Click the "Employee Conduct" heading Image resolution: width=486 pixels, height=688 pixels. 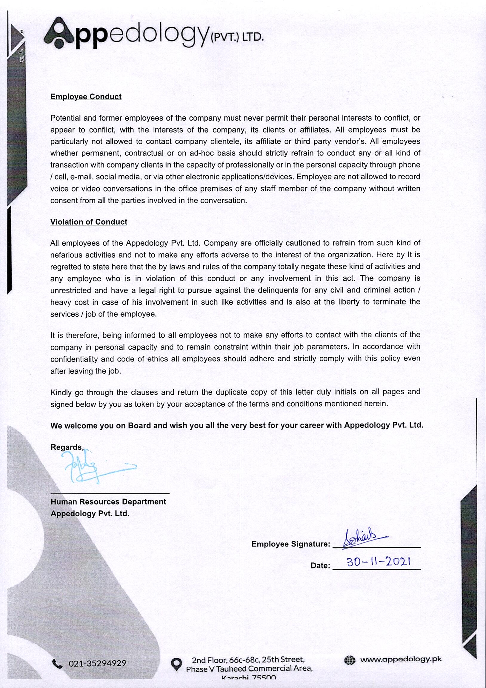pyautogui.click(x=86, y=96)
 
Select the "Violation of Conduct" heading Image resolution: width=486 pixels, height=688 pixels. pyautogui.click(x=89, y=222)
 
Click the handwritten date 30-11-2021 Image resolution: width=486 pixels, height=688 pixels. pyautogui.click(x=379, y=562)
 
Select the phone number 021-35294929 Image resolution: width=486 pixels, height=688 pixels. pyautogui.click(x=97, y=664)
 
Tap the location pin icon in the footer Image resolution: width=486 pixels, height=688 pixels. pyautogui.click(x=176, y=664)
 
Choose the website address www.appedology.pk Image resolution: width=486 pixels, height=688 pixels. pyautogui.click(x=401, y=659)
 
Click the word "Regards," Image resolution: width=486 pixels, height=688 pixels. pyautogui.click(x=67, y=447)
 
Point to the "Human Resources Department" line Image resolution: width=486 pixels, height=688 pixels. pyautogui.click(x=108, y=502)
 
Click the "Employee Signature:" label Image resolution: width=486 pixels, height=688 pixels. pyautogui.click(x=290, y=544)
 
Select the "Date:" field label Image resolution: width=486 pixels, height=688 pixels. pyautogui.click(x=320, y=566)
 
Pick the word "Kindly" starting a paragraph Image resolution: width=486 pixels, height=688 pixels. pyautogui.click(x=61, y=393)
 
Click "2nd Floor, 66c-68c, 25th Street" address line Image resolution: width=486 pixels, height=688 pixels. pyautogui.click(x=248, y=660)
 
